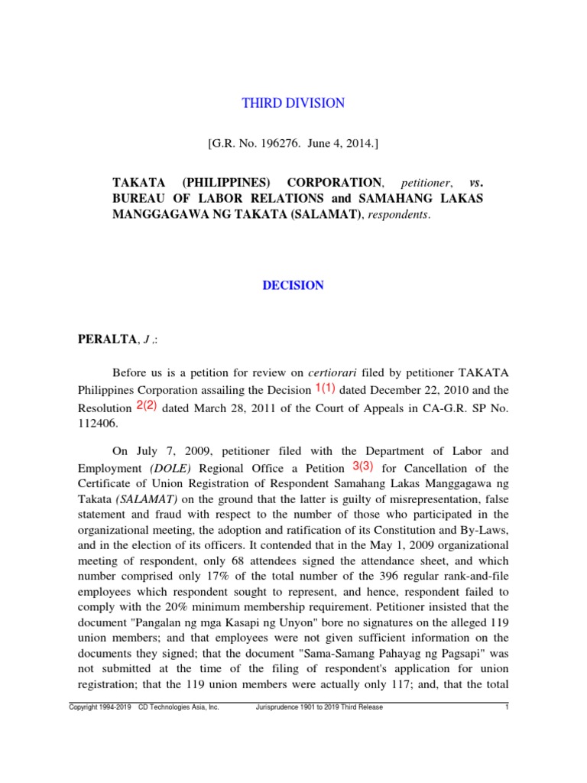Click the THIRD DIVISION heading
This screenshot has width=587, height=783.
click(x=293, y=103)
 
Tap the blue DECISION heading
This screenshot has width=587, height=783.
click(x=293, y=285)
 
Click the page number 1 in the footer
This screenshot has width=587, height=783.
click(x=507, y=707)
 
